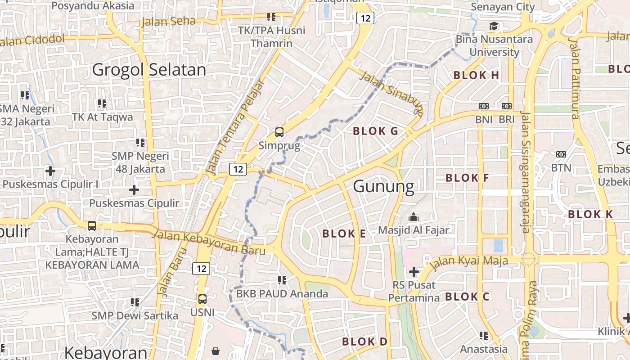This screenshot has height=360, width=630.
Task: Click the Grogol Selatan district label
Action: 149,70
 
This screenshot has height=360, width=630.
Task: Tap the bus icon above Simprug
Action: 279,132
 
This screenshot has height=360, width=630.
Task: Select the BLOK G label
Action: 376,131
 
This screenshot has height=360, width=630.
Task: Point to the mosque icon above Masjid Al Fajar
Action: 413,217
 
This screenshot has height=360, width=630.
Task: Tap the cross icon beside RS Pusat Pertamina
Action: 414,272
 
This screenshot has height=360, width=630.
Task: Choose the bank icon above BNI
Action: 484,106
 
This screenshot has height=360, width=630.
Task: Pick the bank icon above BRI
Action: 507,106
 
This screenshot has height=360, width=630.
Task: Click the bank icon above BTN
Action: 561,154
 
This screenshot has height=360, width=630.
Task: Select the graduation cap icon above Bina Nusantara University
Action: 494,26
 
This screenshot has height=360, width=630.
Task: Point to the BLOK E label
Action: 344,234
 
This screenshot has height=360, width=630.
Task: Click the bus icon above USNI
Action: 202,299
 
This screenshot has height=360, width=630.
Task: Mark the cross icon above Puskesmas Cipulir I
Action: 50,171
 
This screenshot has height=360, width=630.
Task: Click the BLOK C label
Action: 467,297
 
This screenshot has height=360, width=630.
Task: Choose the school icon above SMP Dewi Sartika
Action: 135,302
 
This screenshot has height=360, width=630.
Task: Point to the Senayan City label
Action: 503,7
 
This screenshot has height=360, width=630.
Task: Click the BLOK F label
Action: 467,178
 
